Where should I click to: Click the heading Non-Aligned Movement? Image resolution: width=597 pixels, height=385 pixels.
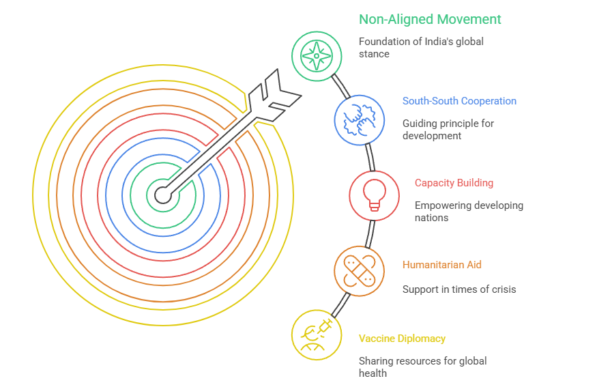pos(430,20)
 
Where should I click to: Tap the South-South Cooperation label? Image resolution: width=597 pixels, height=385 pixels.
pos(459,101)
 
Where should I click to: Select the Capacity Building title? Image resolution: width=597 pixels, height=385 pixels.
pos(454,183)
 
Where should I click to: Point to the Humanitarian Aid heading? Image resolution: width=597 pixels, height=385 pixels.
pos(441,265)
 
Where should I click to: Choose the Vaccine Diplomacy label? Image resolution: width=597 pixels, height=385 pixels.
pos(402,339)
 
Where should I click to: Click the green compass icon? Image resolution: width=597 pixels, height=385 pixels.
pos(317,56)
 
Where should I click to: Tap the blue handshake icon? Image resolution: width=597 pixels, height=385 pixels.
pos(359,120)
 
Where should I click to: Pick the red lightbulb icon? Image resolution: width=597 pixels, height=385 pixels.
pos(374,196)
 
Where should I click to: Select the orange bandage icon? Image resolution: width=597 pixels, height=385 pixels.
pos(359,271)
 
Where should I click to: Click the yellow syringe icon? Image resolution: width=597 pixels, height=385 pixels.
pos(317,334)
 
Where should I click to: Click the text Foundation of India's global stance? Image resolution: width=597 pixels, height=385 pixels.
pos(421,47)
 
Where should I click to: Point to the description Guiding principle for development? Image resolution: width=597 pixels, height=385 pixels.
pos(448,129)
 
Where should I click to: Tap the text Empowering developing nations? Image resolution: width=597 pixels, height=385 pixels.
pos(469,211)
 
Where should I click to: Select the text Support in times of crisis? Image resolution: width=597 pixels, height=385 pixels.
pos(458,289)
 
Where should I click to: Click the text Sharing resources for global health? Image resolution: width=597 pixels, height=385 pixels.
pos(422,367)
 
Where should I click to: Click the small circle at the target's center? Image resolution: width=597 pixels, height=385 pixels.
pos(162,196)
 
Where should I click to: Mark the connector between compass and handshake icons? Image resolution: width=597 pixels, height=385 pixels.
pos(340,86)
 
